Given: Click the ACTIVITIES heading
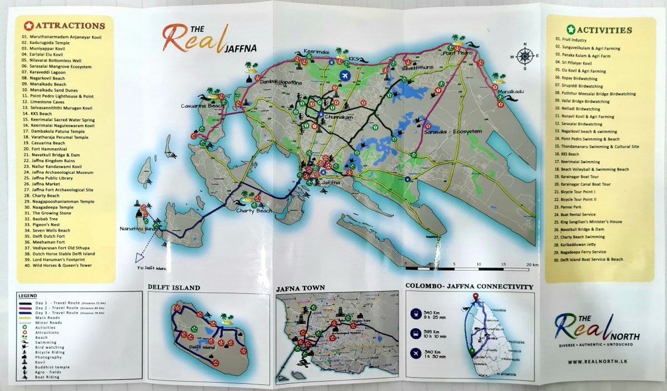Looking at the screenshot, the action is (604, 29).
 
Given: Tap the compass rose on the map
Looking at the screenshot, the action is (525, 56).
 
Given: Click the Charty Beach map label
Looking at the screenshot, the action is (253, 210).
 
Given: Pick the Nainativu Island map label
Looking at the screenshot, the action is (139, 228).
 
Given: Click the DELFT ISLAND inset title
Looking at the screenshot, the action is (174, 288).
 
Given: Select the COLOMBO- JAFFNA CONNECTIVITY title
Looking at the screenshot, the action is (469, 287).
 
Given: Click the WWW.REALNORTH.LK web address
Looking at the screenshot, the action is (595, 362).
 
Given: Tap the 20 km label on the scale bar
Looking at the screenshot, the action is (531, 264).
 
